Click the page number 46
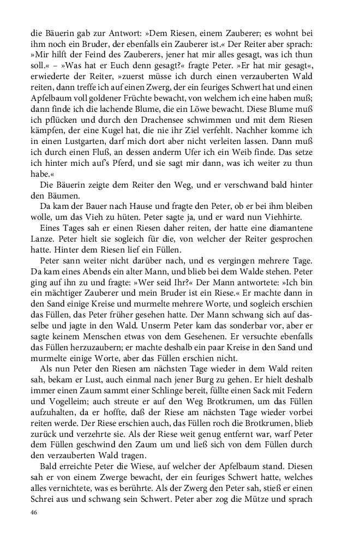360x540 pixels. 34,513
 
